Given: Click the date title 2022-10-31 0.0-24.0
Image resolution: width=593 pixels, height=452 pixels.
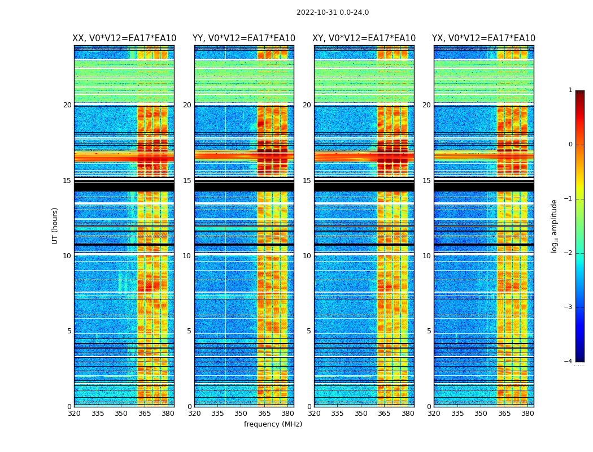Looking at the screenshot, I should pos(333,12).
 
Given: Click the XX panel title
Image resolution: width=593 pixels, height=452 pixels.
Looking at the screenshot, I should pos(124,38).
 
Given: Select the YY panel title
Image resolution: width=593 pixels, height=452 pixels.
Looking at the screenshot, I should pos(244,38).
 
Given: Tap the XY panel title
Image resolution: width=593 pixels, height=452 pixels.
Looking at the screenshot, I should pos(364,38).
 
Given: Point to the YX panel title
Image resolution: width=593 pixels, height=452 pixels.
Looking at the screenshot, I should pos(483,38).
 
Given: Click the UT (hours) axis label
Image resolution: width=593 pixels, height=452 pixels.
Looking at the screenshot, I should pos(55,225).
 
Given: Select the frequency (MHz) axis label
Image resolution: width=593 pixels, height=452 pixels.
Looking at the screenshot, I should pos(273,424).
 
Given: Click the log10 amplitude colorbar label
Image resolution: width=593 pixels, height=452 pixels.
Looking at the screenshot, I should pos(555,225).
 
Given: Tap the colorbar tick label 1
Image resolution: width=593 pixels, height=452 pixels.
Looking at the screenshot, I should pos(570,90).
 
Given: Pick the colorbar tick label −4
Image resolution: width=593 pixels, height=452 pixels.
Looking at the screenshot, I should pos(569,362).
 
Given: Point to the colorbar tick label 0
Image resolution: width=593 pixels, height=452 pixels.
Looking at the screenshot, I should pos(570,145).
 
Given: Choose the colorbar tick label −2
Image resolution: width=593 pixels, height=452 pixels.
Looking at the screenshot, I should pos(569,253).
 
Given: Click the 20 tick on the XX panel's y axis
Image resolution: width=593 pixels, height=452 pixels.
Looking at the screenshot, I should pos(67,105).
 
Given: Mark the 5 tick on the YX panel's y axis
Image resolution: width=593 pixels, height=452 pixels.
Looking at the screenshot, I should pos(429,331).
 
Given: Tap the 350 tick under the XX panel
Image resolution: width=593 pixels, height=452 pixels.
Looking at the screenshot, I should pos(121,414).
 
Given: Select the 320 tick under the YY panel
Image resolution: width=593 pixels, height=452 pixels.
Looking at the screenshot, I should pos(194,414).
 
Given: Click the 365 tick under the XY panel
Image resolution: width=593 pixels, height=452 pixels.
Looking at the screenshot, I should pos(384,414).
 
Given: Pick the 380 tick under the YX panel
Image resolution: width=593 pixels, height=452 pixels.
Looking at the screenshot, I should pos(527,414).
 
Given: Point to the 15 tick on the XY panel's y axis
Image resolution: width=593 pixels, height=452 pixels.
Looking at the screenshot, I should pos(307,181).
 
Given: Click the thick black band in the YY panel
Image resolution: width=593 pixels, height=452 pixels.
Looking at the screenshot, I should pos(244,186).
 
